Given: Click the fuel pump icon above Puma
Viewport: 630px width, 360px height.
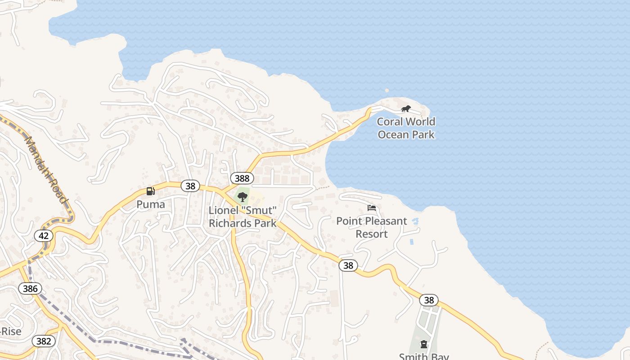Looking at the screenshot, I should pos(151,191).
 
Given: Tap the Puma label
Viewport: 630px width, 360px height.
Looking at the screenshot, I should pos(151,204).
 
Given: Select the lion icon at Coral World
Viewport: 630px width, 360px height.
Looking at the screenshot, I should pos(406,108).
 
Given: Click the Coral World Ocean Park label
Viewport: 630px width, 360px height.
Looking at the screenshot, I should pos(406,128).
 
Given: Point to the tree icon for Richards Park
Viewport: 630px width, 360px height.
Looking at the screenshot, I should pos(243,197).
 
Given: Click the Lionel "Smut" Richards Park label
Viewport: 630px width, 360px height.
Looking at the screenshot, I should pos(243,217).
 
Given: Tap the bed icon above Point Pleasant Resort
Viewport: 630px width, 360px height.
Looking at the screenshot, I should pos(372,208).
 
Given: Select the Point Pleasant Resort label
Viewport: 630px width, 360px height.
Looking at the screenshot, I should pos(372,227).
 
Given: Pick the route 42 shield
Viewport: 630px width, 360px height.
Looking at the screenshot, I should pos(44,236).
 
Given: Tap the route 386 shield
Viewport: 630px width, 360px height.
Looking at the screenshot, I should pos(30,288).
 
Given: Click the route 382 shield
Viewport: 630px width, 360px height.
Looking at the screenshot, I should pos(44,341).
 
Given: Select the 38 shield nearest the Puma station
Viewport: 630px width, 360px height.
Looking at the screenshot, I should pos(190,186).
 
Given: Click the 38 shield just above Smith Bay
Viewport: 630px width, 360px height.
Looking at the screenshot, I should pos(429,300).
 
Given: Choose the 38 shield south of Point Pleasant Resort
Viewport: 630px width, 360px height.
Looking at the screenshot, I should pos(348,265).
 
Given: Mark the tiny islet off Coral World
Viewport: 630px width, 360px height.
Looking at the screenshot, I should pos(387,90).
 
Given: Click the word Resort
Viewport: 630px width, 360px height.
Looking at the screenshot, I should pos(372,234).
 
